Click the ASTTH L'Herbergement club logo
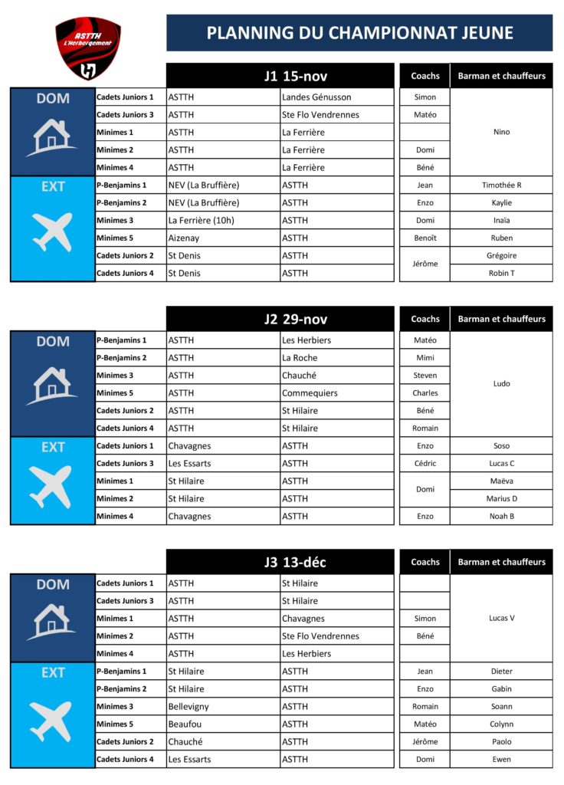88,48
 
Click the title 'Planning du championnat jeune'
359,33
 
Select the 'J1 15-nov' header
294,76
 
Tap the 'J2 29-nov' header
294,319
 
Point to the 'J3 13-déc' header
294,562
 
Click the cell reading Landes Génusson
316,97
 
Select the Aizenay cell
185,238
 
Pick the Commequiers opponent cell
310,393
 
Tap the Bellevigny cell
189,707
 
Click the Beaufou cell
185,724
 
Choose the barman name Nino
501,132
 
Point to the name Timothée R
501,186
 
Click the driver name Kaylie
501,203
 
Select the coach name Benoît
425,238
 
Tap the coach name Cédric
425,464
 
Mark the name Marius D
501,499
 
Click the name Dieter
501,672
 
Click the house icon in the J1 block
52,136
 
